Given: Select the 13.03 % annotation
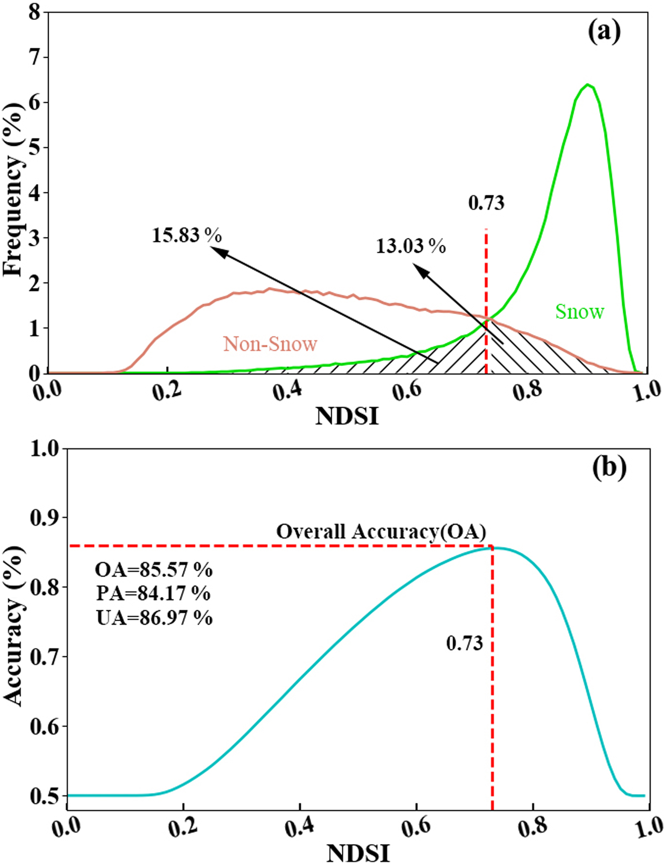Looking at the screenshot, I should [410, 247].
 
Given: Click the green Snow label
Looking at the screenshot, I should [579, 312].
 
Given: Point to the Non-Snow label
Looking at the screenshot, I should [270, 344].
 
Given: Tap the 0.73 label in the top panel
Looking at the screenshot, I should [486, 203].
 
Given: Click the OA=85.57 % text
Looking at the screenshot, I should [154, 570].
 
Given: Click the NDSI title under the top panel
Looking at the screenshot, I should [347, 417].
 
